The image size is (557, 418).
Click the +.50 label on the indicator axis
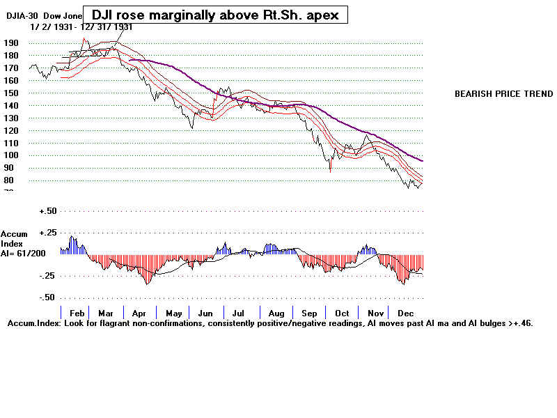pos(48,210)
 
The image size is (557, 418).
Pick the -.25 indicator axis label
pos(48,276)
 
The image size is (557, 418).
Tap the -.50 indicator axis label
pos(48,297)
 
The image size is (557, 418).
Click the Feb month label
pos(77,313)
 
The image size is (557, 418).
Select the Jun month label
pos(207,313)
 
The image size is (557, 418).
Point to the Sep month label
pos(309,313)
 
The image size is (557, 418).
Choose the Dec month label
pos(406,313)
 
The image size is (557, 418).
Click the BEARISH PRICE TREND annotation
pos(503,94)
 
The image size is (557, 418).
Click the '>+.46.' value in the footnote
pos(519,324)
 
